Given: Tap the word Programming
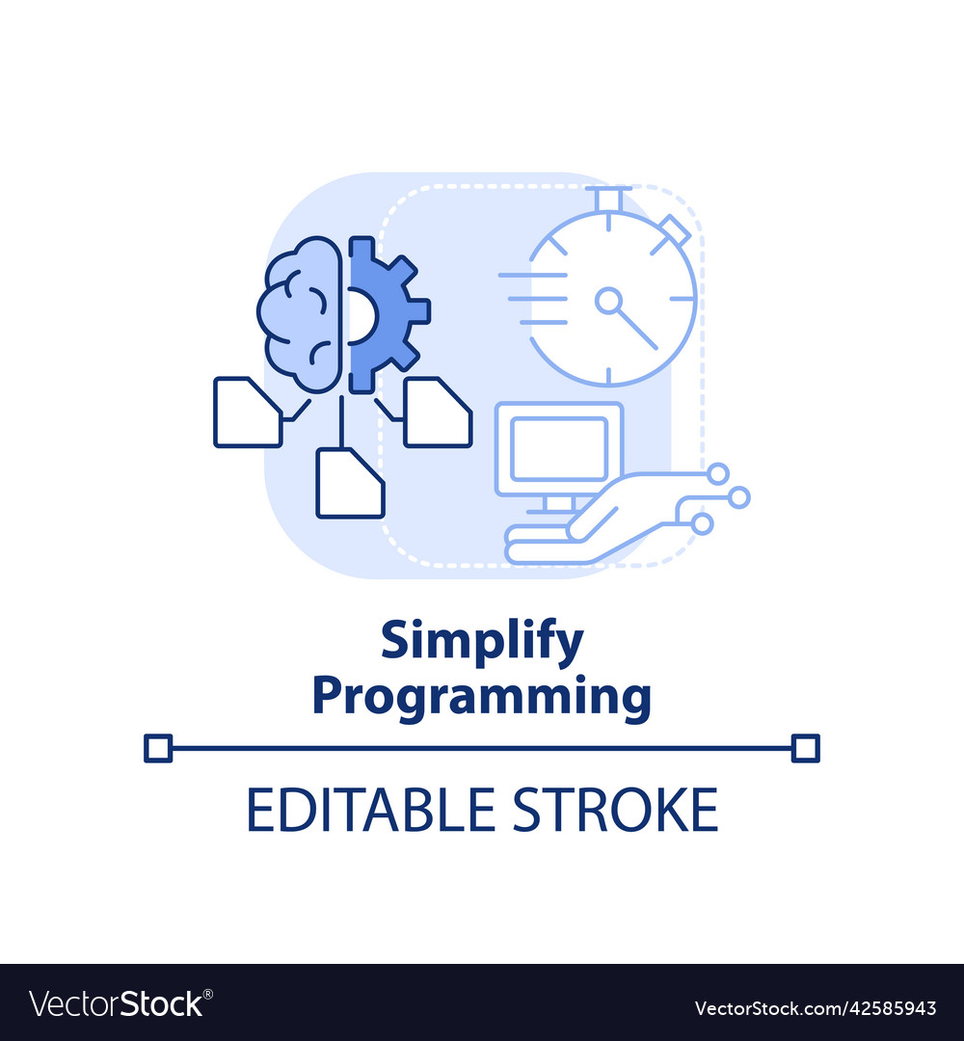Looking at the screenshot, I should coord(482,696).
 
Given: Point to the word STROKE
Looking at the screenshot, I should coord(614,810).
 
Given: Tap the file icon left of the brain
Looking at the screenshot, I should coord(247,413).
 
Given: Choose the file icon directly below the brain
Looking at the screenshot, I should coord(350,483).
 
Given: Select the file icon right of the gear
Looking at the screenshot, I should coord(437,413).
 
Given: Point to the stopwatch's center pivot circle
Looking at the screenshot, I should coord(608,302).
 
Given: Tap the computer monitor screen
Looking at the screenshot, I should coord(558,449).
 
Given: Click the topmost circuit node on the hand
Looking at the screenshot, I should coord(718,473).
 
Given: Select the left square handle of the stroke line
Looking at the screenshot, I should coord(157,748).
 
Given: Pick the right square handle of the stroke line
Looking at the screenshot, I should coord(805,748).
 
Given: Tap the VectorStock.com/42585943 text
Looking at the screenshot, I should coord(816,1008).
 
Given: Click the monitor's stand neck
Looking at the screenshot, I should coord(558,502).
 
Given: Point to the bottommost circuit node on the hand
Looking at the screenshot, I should coord(703,522).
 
